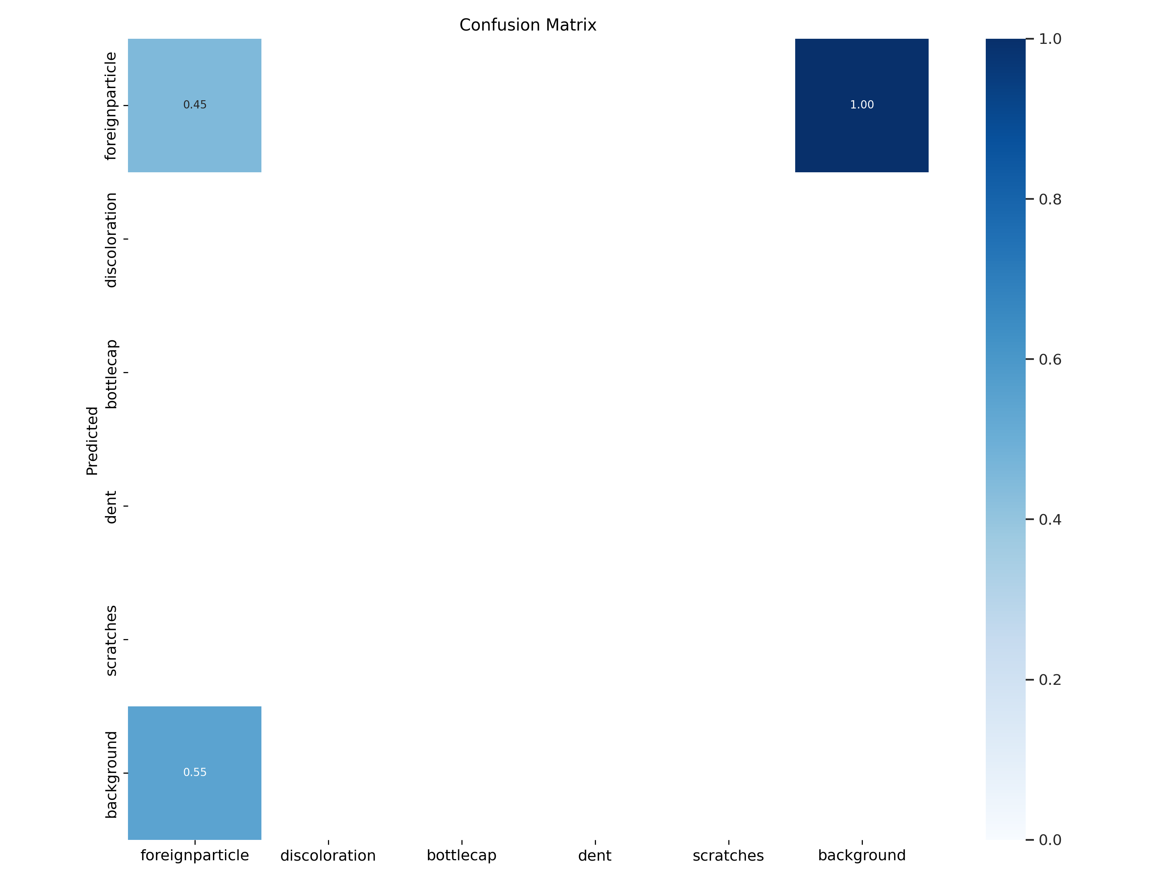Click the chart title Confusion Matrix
pyautogui.click(x=528, y=25)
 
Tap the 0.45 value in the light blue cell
pyautogui.click(x=195, y=105)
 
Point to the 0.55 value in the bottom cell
pyautogui.click(x=195, y=772)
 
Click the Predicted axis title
pyautogui.click(x=92, y=441)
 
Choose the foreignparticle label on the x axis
pyautogui.click(x=195, y=856)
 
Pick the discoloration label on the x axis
pyautogui.click(x=328, y=856)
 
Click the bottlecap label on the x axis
pyautogui.click(x=461, y=856)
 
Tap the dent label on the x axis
pyautogui.click(x=594, y=856)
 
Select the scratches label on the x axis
pyautogui.click(x=728, y=856)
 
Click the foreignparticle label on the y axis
pyautogui.click(x=110, y=106)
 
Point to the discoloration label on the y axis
pyautogui.click(x=110, y=240)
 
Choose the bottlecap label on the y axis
pyautogui.click(x=110, y=374)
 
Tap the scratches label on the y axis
pyautogui.click(x=110, y=641)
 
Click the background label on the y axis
pyautogui.click(x=110, y=774)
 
